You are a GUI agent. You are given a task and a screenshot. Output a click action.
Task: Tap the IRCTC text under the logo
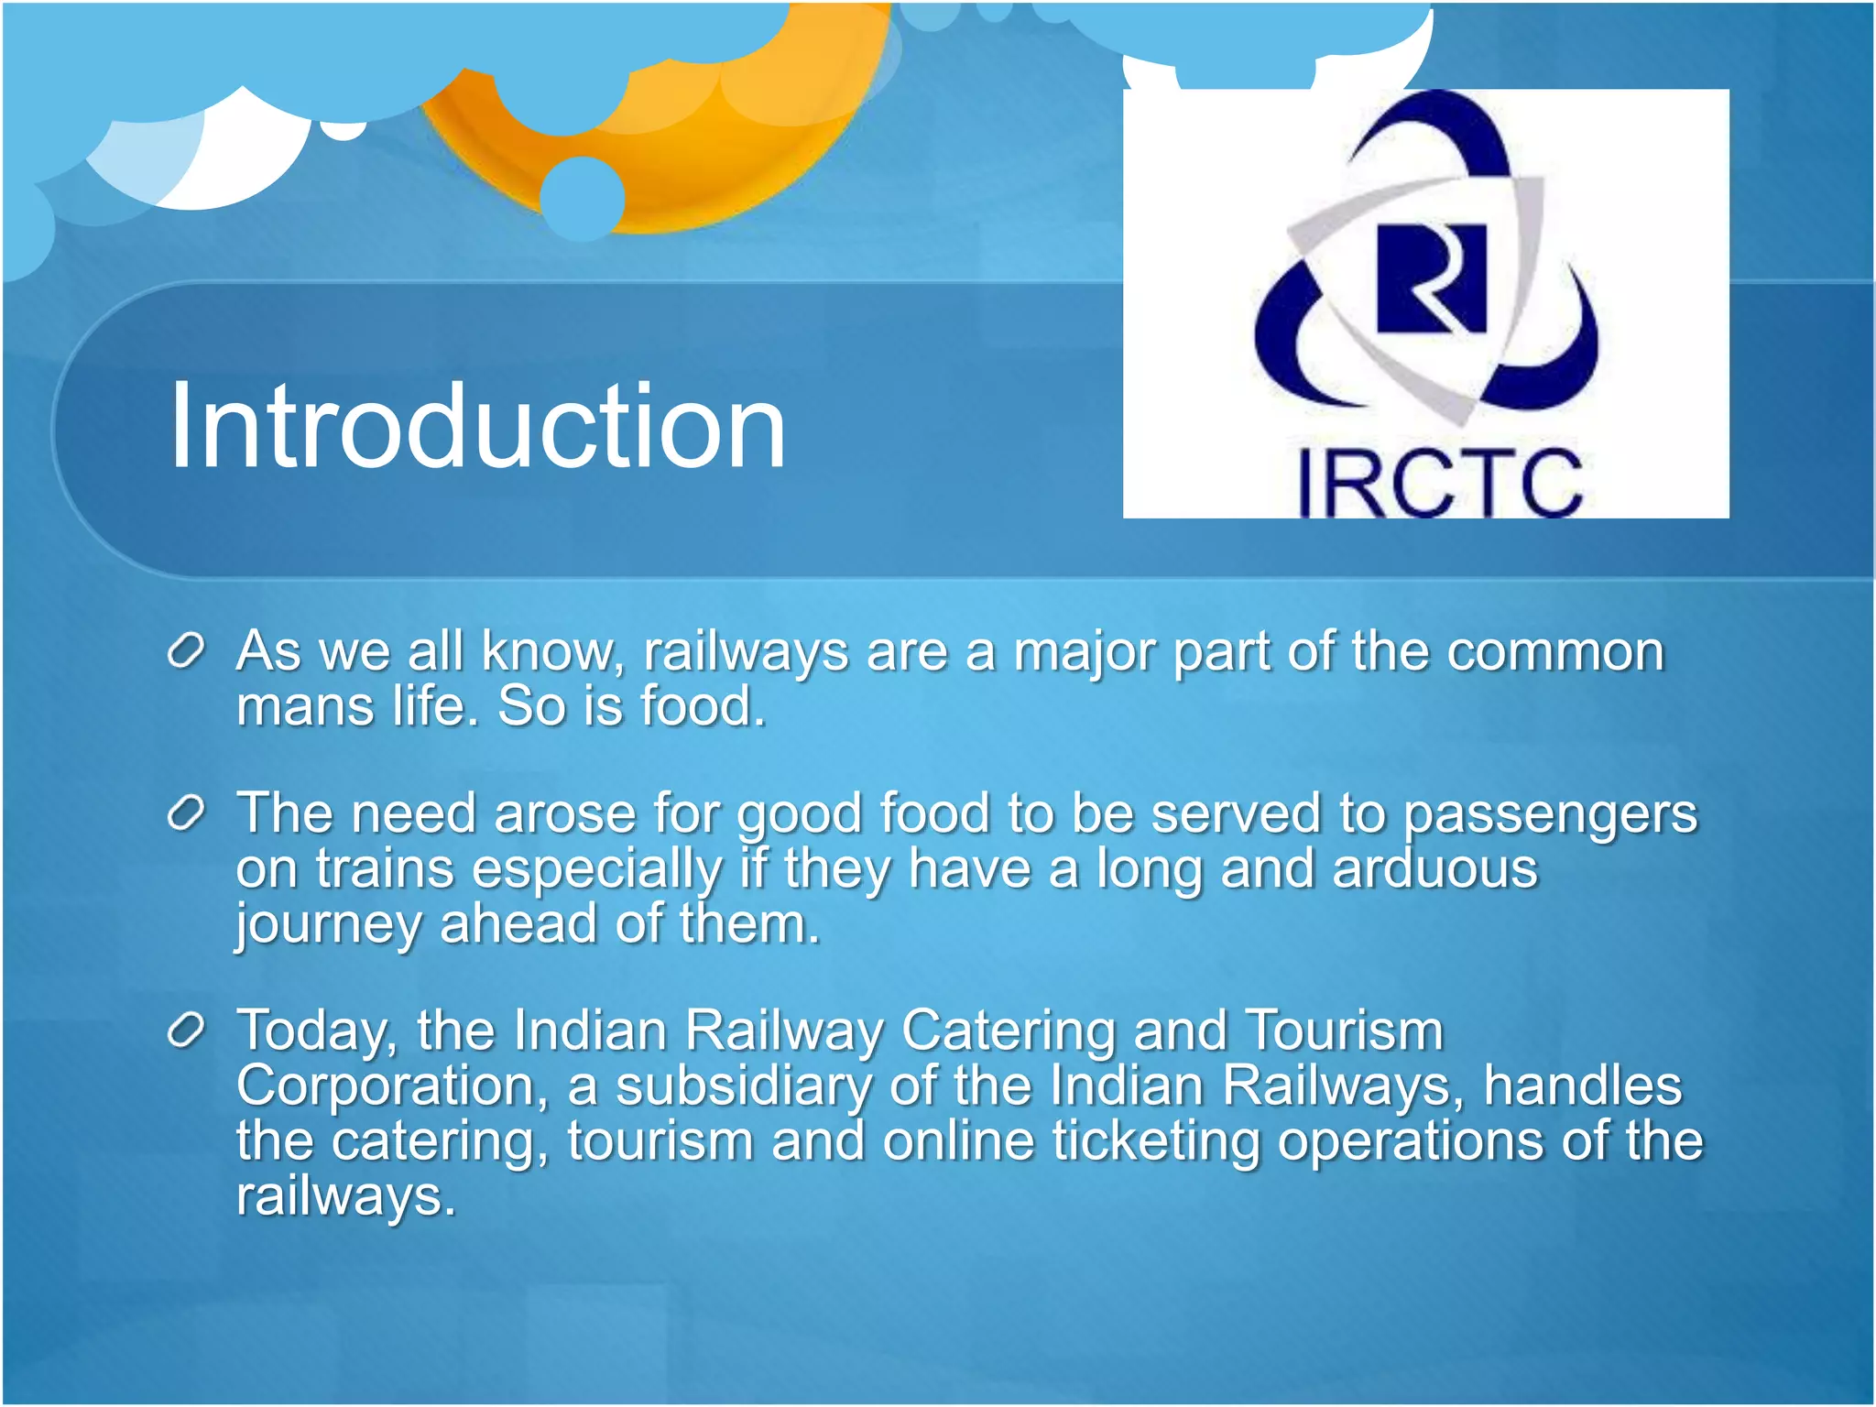click(x=1441, y=484)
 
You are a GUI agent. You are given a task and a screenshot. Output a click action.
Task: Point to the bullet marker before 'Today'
click(x=186, y=1031)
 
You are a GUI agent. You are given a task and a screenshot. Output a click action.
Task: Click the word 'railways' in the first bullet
click(x=746, y=653)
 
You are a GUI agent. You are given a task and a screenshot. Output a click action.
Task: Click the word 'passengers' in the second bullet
click(x=1551, y=815)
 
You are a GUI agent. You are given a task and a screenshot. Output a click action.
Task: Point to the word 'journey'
click(x=329, y=925)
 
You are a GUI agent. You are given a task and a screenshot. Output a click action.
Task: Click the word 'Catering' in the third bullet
click(x=1009, y=1032)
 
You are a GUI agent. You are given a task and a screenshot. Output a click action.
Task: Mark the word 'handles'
click(x=1583, y=1085)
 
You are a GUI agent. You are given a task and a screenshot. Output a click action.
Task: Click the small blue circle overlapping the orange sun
click(x=583, y=199)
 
